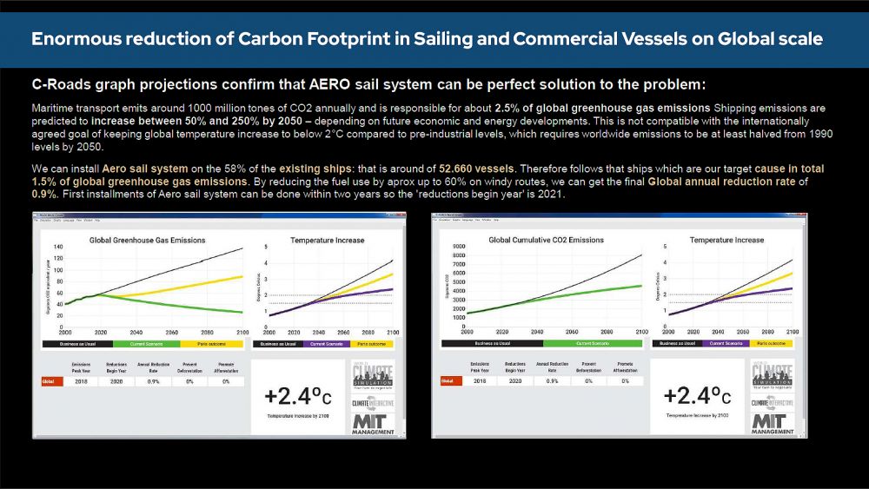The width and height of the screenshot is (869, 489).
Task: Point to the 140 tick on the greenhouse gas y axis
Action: coord(57,248)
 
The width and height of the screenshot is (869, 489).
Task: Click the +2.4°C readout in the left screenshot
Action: coord(298,398)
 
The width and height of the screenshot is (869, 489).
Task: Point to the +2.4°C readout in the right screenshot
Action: coord(698,398)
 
